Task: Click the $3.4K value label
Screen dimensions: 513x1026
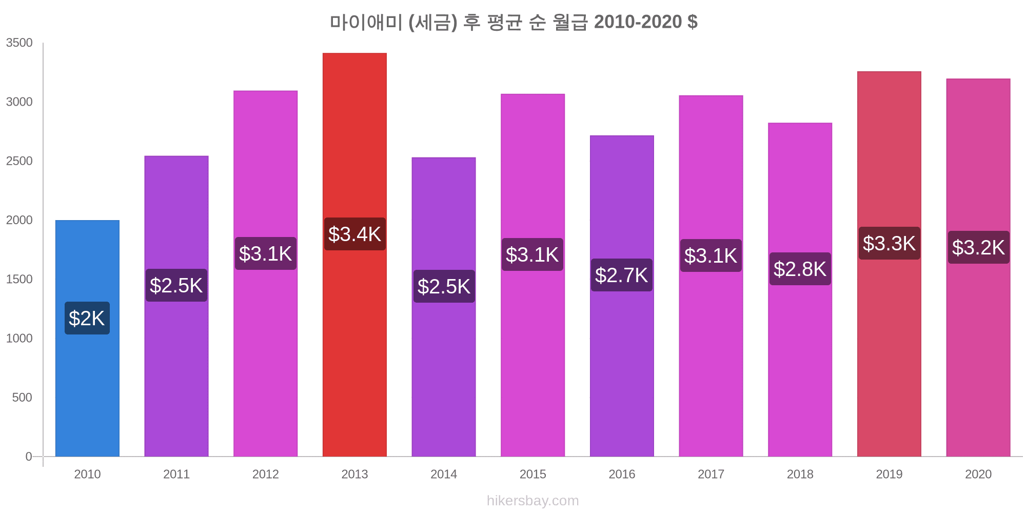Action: [x=354, y=234]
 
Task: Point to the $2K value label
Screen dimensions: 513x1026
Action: [x=87, y=319]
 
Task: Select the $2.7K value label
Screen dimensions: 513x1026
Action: [x=622, y=275]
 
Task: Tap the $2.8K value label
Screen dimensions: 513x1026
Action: [x=800, y=269]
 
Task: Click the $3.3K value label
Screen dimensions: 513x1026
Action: [x=889, y=244]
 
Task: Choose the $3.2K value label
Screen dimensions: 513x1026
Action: [x=978, y=248]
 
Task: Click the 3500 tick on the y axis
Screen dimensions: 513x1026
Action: [x=19, y=43]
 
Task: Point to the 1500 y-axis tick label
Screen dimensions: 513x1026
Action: [x=19, y=280]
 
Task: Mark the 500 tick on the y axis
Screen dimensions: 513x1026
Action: [x=22, y=398]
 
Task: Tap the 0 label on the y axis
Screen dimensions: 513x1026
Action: [x=29, y=457]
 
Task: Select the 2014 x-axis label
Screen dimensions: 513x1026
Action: [x=444, y=475]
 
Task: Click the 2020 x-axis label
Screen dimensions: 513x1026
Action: [x=978, y=475]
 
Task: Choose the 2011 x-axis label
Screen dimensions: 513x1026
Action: [x=176, y=475]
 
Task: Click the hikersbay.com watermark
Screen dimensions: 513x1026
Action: [x=532, y=501]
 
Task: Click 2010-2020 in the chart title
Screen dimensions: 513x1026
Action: [x=638, y=22]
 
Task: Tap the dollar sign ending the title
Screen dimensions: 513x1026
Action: [x=693, y=22]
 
